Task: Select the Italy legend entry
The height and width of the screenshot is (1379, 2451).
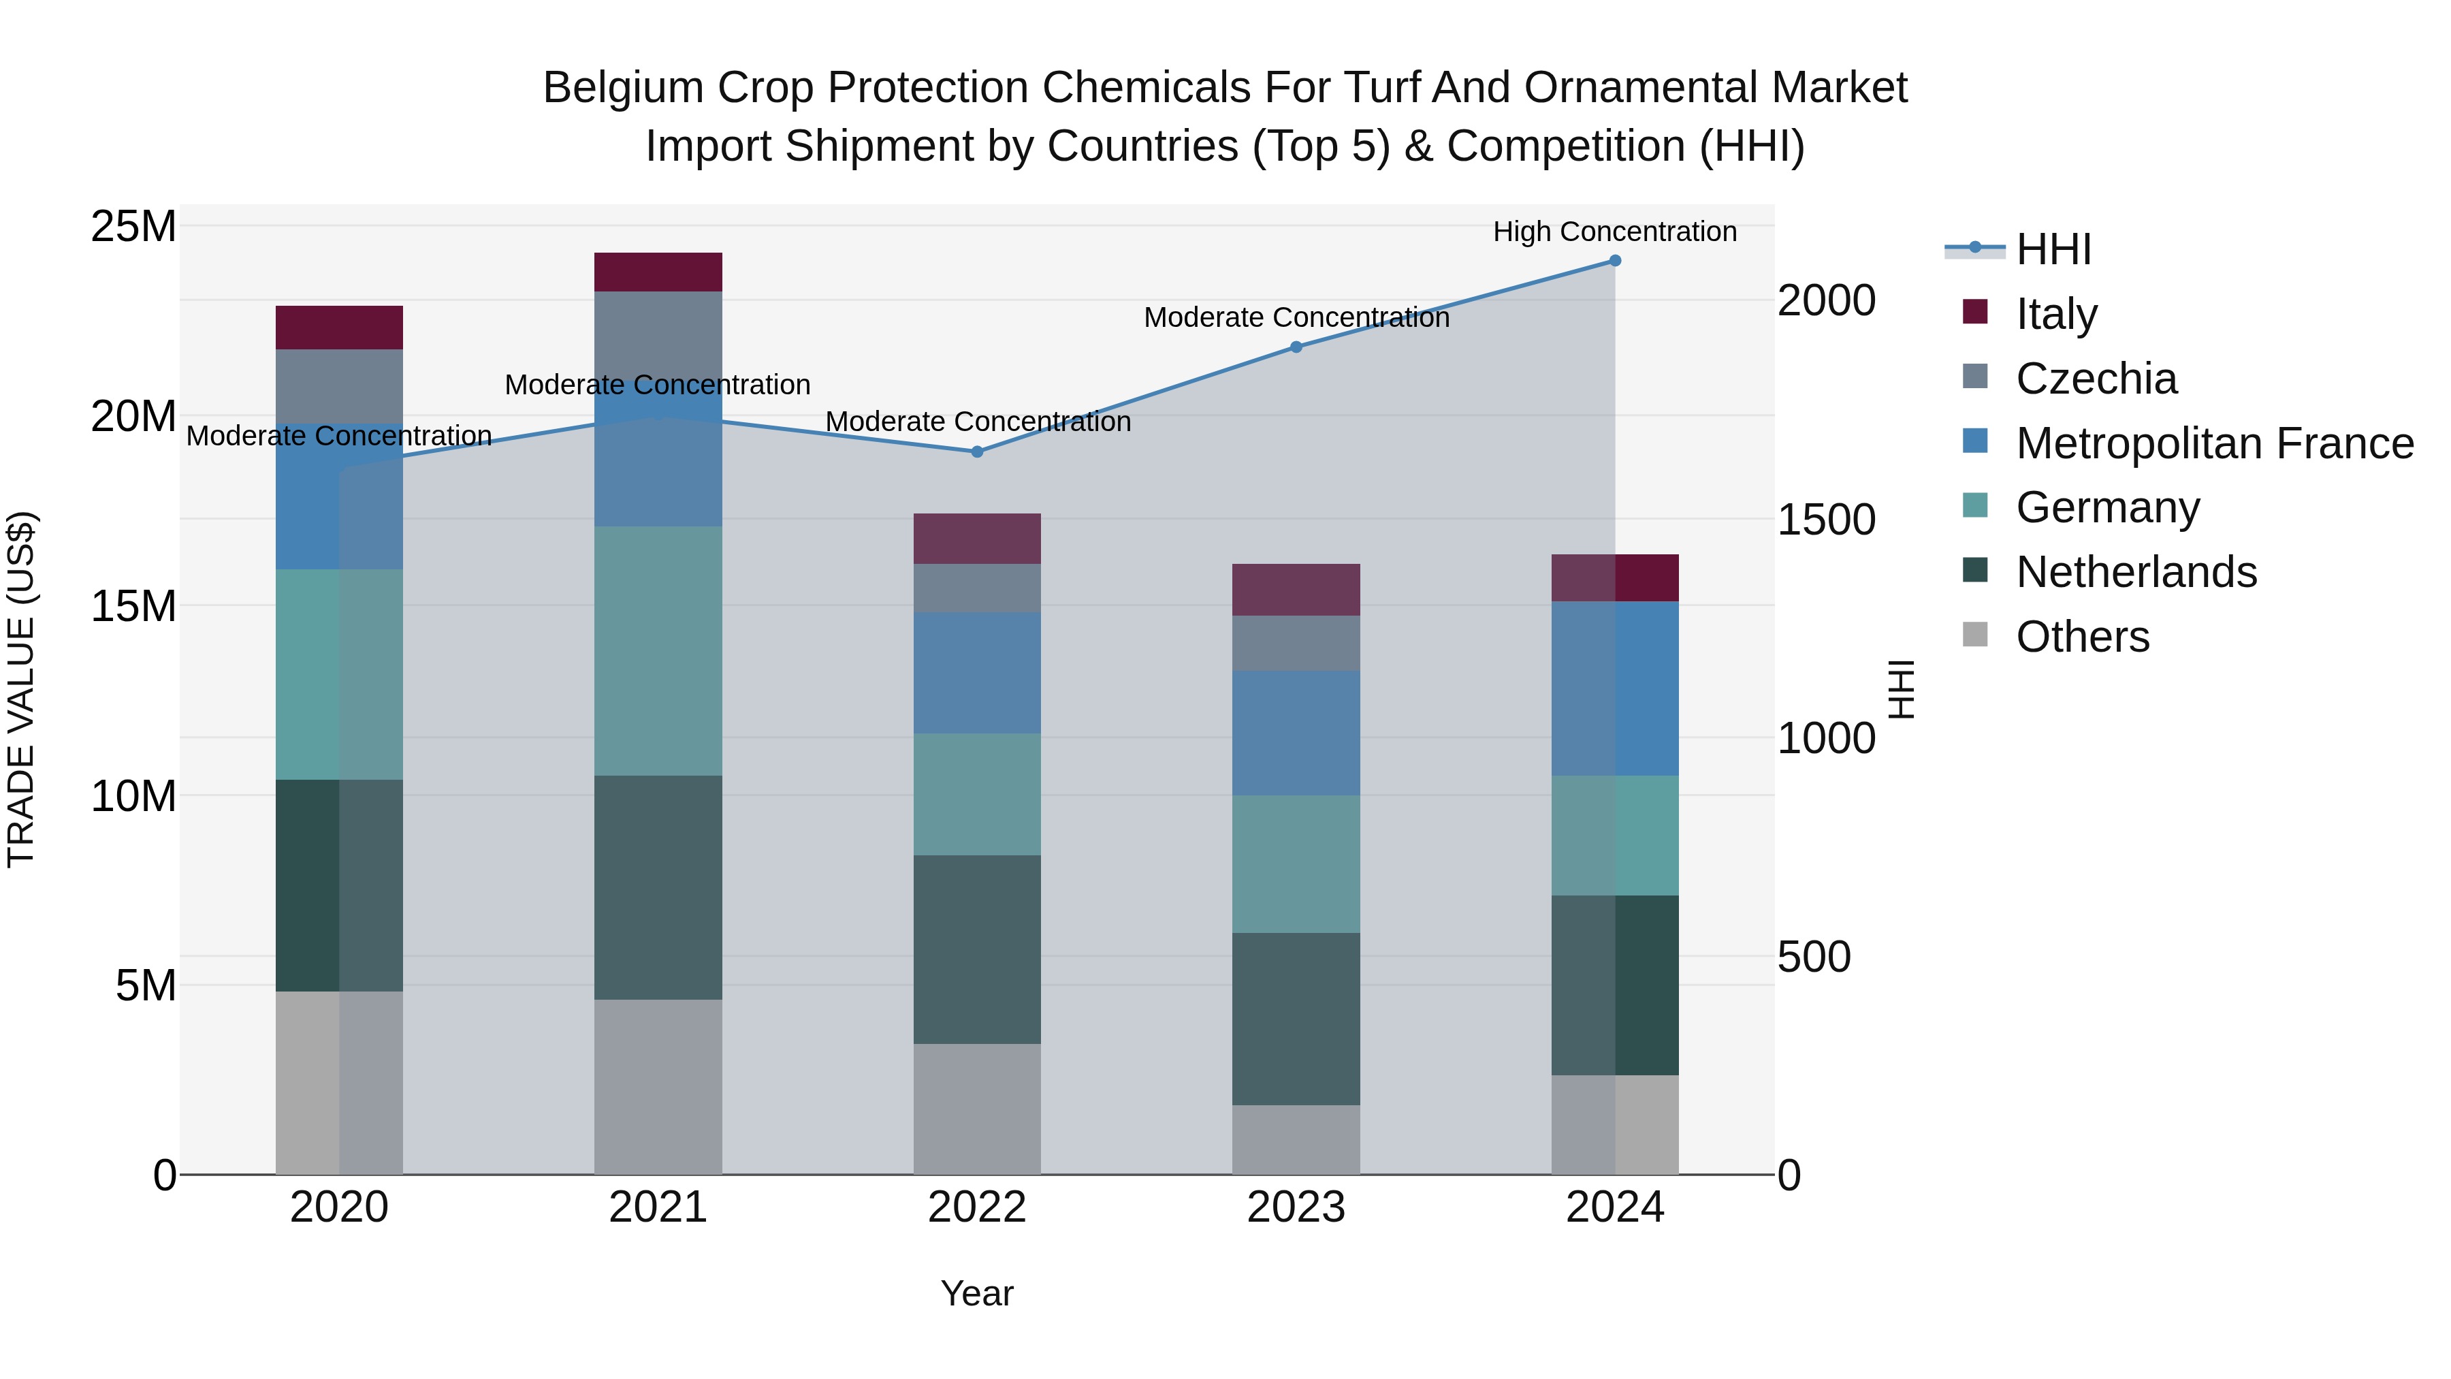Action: coord(2056,314)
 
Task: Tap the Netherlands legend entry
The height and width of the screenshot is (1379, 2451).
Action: coord(2136,572)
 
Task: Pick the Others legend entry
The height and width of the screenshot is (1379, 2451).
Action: coord(2082,637)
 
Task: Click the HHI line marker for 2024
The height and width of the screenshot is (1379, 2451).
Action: coord(1615,261)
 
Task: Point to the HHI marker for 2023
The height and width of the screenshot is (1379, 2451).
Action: coord(1296,347)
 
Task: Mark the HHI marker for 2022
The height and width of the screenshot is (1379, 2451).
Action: coord(977,452)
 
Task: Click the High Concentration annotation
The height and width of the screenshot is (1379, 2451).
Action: coord(1615,232)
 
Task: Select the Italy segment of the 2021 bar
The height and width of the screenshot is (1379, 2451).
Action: coord(658,272)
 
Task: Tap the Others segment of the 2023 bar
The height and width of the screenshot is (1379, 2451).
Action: coord(1296,1139)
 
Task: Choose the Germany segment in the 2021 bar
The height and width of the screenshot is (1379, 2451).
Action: coord(658,650)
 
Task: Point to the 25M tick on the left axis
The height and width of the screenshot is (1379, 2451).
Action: coord(133,227)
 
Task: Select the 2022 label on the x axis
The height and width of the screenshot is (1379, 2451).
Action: coord(977,1207)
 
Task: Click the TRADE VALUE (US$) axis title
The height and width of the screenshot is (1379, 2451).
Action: coord(21,689)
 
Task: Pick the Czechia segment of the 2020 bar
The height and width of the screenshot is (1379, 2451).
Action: coord(339,386)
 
